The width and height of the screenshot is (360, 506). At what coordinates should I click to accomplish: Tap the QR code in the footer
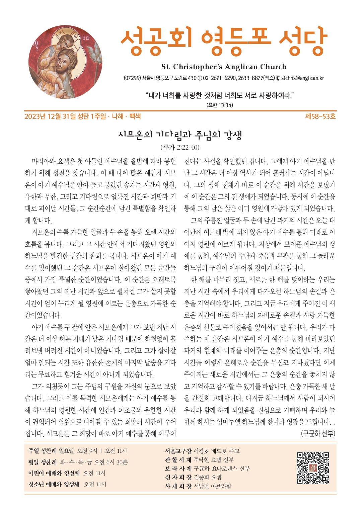pyautogui.click(x=313, y=468)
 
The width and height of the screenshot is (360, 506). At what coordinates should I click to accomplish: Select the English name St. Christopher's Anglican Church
pyautogui.click(x=224, y=67)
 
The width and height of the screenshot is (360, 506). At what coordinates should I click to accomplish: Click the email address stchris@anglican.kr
pyautogui.click(x=302, y=78)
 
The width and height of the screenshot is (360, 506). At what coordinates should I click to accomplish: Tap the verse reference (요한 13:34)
pyautogui.click(x=220, y=105)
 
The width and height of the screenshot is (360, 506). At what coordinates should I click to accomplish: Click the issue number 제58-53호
pyautogui.click(x=320, y=116)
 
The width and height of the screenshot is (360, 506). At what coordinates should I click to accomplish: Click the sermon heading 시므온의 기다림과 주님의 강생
pyautogui.click(x=180, y=135)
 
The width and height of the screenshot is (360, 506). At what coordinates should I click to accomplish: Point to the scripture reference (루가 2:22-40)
pyautogui.click(x=180, y=147)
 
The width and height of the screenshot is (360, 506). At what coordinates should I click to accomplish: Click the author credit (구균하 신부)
pyautogui.click(x=318, y=433)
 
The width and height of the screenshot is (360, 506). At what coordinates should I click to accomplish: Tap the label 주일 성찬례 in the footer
pyautogui.click(x=43, y=451)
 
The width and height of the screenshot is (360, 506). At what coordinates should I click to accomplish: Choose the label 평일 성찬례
pyautogui.click(x=43, y=462)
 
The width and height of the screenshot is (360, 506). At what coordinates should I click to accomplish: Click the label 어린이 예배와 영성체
pyautogui.click(x=54, y=473)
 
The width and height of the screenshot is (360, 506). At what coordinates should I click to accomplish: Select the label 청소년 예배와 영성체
pyautogui.click(x=54, y=484)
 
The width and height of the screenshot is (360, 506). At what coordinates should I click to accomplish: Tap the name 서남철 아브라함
pyautogui.click(x=212, y=486)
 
